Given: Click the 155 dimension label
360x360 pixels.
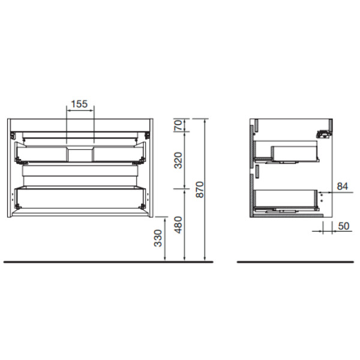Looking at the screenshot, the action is point(79,104).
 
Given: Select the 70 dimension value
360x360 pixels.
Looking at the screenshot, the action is point(178,125).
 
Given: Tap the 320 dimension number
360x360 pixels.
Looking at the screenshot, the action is point(178,160).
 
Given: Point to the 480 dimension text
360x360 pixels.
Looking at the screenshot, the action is point(178,225).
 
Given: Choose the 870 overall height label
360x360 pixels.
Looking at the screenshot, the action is point(200,190).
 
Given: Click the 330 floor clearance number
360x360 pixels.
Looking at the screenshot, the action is point(158,238).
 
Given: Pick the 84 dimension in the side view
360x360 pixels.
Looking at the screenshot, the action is point(343,186).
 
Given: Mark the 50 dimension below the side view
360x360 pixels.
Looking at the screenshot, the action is point(344,226).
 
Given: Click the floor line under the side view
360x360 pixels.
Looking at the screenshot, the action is point(295,262).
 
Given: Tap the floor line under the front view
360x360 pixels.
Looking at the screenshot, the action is point(109,262).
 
